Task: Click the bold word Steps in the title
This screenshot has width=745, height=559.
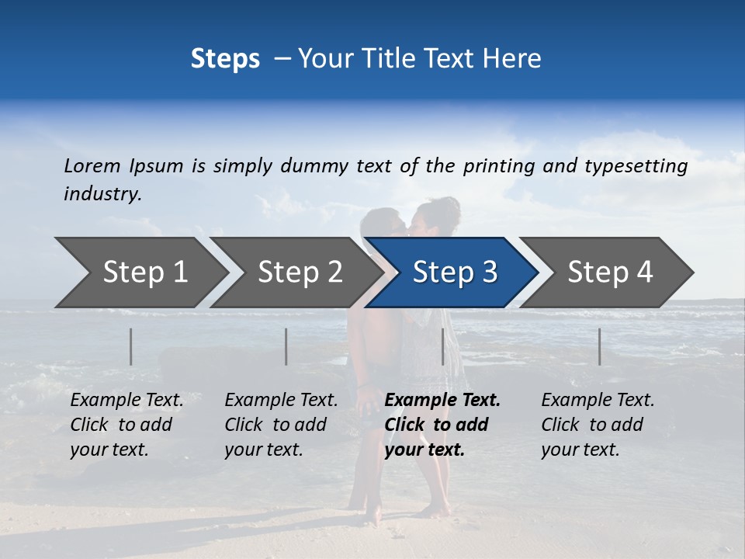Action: pyautogui.click(x=225, y=59)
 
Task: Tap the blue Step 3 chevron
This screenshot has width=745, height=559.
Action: pyautogui.click(x=455, y=273)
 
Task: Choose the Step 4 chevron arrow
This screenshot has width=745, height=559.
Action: pyautogui.click(x=610, y=273)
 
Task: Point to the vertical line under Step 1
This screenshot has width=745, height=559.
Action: pyautogui.click(x=131, y=346)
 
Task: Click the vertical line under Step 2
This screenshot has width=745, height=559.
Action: pyautogui.click(x=286, y=346)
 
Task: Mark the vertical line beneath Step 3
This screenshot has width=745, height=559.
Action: pyautogui.click(x=443, y=346)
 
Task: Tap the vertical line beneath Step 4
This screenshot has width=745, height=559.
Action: pyautogui.click(x=599, y=346)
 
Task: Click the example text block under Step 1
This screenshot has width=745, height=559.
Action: pyautogui.click(x=126, y=425)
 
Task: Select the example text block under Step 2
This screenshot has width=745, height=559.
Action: pyautogui.click(x=281, y=425)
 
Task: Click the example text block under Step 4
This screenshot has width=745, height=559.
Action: pyautogui.click(x=598, y=425)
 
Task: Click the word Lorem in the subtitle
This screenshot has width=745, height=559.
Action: pyautogui.click(x=92, y=165)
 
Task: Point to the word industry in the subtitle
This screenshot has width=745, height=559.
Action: pyautogui.click(x=102, y=194)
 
